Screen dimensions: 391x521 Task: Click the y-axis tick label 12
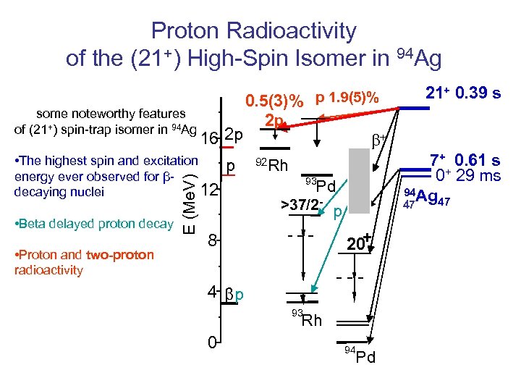pyautogui.click(x=210, y=190)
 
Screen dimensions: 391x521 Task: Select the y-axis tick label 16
pyautogui.click(x=210, y=139)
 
